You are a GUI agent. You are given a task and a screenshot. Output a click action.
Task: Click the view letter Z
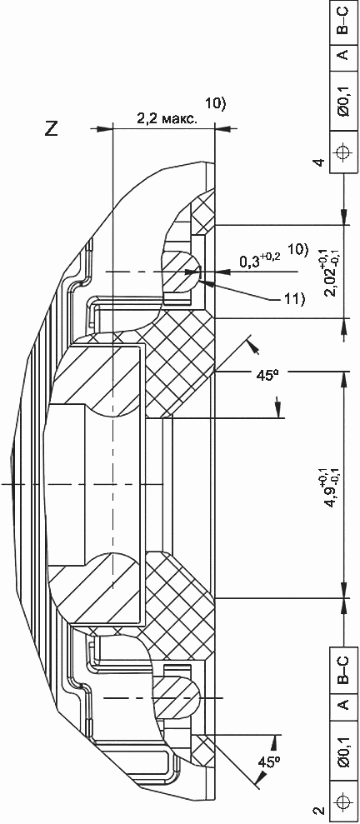pyautogui.click(x=52, y=129)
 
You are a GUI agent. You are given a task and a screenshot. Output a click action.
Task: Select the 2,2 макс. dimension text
pyautogui.click(x=167, y=119)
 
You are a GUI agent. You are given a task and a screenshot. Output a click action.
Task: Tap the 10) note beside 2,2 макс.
pyautogui.click(x=215, y=104)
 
